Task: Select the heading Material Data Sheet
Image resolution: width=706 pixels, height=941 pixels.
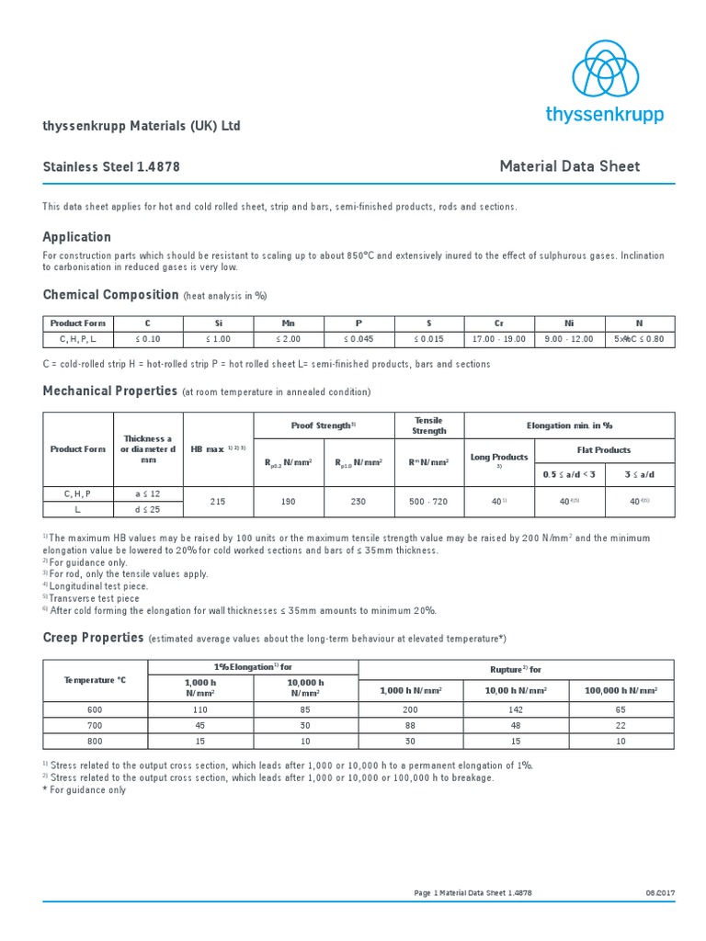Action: click(x=569, y=166)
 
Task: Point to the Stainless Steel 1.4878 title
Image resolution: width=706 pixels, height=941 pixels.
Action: click(x=111, y=167)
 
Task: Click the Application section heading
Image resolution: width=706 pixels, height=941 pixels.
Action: click(x=77, y=236)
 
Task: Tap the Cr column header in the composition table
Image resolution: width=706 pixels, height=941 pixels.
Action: click(x=499, y=323)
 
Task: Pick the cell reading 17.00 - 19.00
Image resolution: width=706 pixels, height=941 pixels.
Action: click(x=499, y=339)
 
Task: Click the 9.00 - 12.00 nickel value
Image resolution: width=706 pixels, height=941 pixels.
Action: click(x=570, y=339)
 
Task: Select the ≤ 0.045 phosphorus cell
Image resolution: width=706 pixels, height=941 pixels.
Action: click(x=359, y=339)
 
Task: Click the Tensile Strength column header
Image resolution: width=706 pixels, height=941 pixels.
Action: click(x=429, y=425)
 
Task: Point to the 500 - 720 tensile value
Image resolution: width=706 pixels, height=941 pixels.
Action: click(x=429, y=502)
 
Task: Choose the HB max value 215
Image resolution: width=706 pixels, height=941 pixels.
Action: click(x=218, y=502)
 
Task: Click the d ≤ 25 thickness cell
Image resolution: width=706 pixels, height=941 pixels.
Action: click(x=148, y=509)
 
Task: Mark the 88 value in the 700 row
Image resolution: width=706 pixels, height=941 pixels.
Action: click(x=410, y=725)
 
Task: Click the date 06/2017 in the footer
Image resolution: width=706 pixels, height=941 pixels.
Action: click(x=660, y=893)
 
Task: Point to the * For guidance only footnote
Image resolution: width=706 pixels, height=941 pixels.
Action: click(x=85, y=789)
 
